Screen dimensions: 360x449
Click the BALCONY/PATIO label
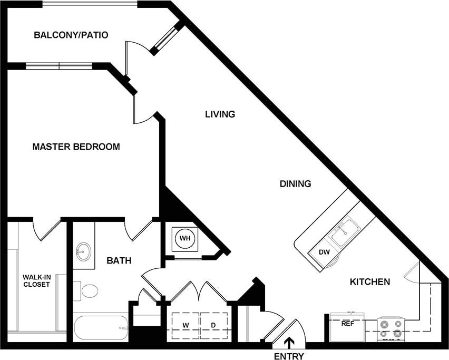[x=71, y=35]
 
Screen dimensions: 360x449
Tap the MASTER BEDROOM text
[x=76, y=147]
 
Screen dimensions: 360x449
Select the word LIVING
[x=220, y=114]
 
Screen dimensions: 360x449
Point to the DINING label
[x=295, y=184]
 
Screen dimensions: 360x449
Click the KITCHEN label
[x=370, y=282]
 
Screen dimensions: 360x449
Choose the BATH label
[x=119, y=260]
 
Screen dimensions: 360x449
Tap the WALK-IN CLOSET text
[x=36, y=280]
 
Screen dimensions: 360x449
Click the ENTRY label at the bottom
[x=289, y=356]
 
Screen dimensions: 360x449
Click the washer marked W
[x=186, y=325]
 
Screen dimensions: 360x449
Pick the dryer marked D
[x=213, y=325]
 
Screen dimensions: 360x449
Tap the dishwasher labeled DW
[x=325, y=252]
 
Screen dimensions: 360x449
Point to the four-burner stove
[x=391, y=328]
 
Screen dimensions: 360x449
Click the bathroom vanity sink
[x=83, y=251]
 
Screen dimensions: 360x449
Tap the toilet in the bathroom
[x=87, y=290]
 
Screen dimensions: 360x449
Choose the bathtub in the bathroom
[x=100, y=327]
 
